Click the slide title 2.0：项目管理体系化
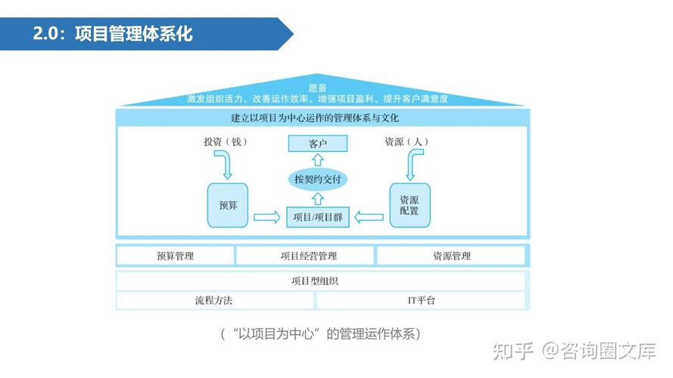pos(113,34)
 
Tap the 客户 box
pos(318,144)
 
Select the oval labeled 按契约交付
pos(318,179)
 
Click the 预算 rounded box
pos(227,206)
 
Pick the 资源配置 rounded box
pos(410,206)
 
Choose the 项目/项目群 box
pos(318,217)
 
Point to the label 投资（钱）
pos(226,142)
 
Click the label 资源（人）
pos(407,142)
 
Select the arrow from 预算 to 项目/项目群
pos(267,217)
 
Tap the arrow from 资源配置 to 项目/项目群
pos(369,217)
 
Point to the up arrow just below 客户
pos(318,160)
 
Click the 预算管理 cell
pos(176,256)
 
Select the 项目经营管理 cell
pos(305,256)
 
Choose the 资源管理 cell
pos(451,256)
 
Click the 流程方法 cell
pos(214,300)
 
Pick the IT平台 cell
pos(421,300)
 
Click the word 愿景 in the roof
pos(318,88)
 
